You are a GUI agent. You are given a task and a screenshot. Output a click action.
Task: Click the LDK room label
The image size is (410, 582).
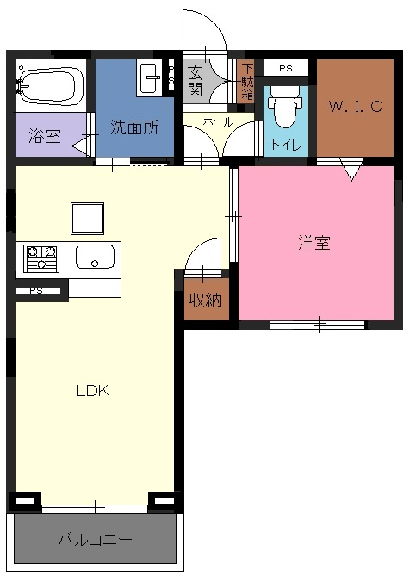coord(92,391)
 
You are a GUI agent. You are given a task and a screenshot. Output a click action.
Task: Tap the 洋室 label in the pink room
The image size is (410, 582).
coord(314,243)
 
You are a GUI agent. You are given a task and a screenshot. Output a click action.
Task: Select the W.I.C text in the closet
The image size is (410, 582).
coord(355,107)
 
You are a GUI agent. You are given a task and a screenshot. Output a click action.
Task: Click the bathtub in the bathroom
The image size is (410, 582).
coord(49,84)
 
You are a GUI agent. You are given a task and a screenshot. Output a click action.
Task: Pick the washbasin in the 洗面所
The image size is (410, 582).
coord(149,79)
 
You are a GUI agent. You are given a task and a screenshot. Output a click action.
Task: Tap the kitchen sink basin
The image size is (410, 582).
coord(95,257)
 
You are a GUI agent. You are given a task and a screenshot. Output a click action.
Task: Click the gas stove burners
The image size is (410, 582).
coord(41,258)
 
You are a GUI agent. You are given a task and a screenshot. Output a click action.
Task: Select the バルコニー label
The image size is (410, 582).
coord(95,539)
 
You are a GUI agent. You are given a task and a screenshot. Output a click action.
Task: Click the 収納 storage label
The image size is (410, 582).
coord(205,300)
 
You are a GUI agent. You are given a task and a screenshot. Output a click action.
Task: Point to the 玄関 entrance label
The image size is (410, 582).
coord(195,81)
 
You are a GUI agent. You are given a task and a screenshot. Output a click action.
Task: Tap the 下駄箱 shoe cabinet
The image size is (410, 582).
coord(246,82)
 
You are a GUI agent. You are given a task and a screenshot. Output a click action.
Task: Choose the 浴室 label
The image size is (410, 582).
coord(45,135)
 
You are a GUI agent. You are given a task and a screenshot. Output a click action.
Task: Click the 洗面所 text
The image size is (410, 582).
coord(135,127)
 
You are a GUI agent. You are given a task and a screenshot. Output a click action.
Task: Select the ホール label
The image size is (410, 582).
coord(218,121)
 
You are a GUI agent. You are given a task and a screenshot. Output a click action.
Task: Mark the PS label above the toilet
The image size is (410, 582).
coord(286,69)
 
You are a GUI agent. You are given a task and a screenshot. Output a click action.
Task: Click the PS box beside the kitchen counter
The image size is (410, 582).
coord(38,291)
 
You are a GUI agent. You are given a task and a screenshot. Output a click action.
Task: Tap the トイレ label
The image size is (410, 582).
coord(286,145)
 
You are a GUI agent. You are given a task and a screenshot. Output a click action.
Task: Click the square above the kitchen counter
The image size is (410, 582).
coord(87,219)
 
